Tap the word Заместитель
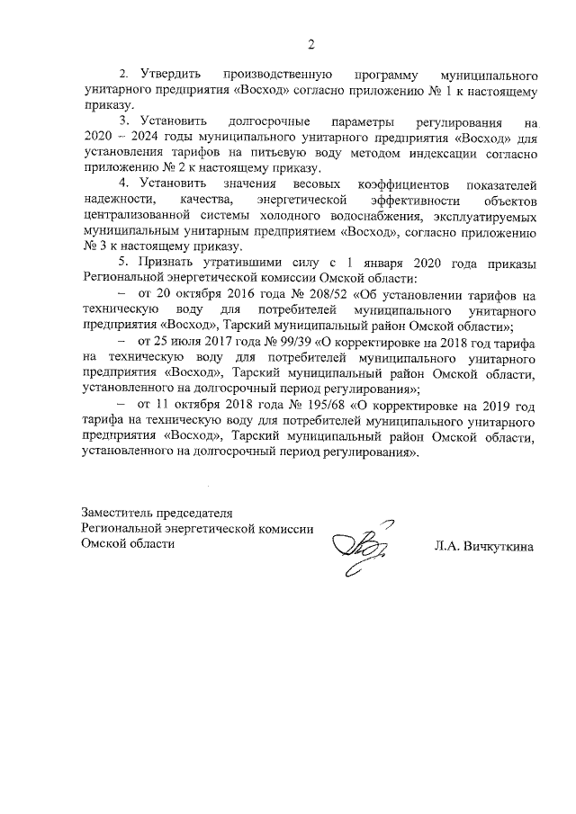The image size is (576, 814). tap(121, 514)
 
